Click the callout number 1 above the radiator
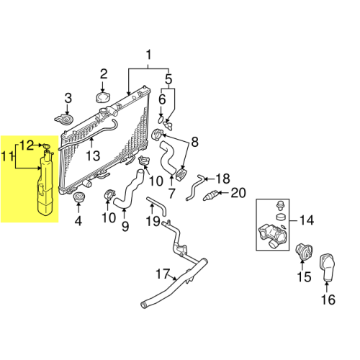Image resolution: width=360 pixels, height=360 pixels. point(149,55)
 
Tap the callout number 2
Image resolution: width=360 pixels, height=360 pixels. point(104,74)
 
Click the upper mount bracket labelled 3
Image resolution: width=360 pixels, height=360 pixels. point(64,120)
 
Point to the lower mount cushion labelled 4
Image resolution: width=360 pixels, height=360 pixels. point(78,197)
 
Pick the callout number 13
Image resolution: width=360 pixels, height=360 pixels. point(93,156)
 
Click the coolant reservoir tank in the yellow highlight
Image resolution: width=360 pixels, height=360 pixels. point(45,182)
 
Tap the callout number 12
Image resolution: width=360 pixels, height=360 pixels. point(27,145)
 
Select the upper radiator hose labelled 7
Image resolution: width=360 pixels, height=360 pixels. point(168,158)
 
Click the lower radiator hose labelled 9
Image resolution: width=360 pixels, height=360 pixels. point(129,189)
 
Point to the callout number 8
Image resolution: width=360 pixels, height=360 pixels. point(194,142)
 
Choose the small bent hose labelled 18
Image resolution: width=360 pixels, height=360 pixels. point(194,188)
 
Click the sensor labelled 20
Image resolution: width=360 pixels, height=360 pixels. point(210,194)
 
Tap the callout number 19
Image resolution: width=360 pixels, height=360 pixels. point(153,221)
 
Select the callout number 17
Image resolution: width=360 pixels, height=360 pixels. point(163,274)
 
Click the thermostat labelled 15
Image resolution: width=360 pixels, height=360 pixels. point(305,252)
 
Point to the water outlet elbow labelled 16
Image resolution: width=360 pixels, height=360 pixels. point(328,267)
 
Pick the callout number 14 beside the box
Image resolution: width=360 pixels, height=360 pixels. point(307,220)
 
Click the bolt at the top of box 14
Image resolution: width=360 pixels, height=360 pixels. point(279,205)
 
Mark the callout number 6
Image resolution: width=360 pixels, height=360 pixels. point(162,99)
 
